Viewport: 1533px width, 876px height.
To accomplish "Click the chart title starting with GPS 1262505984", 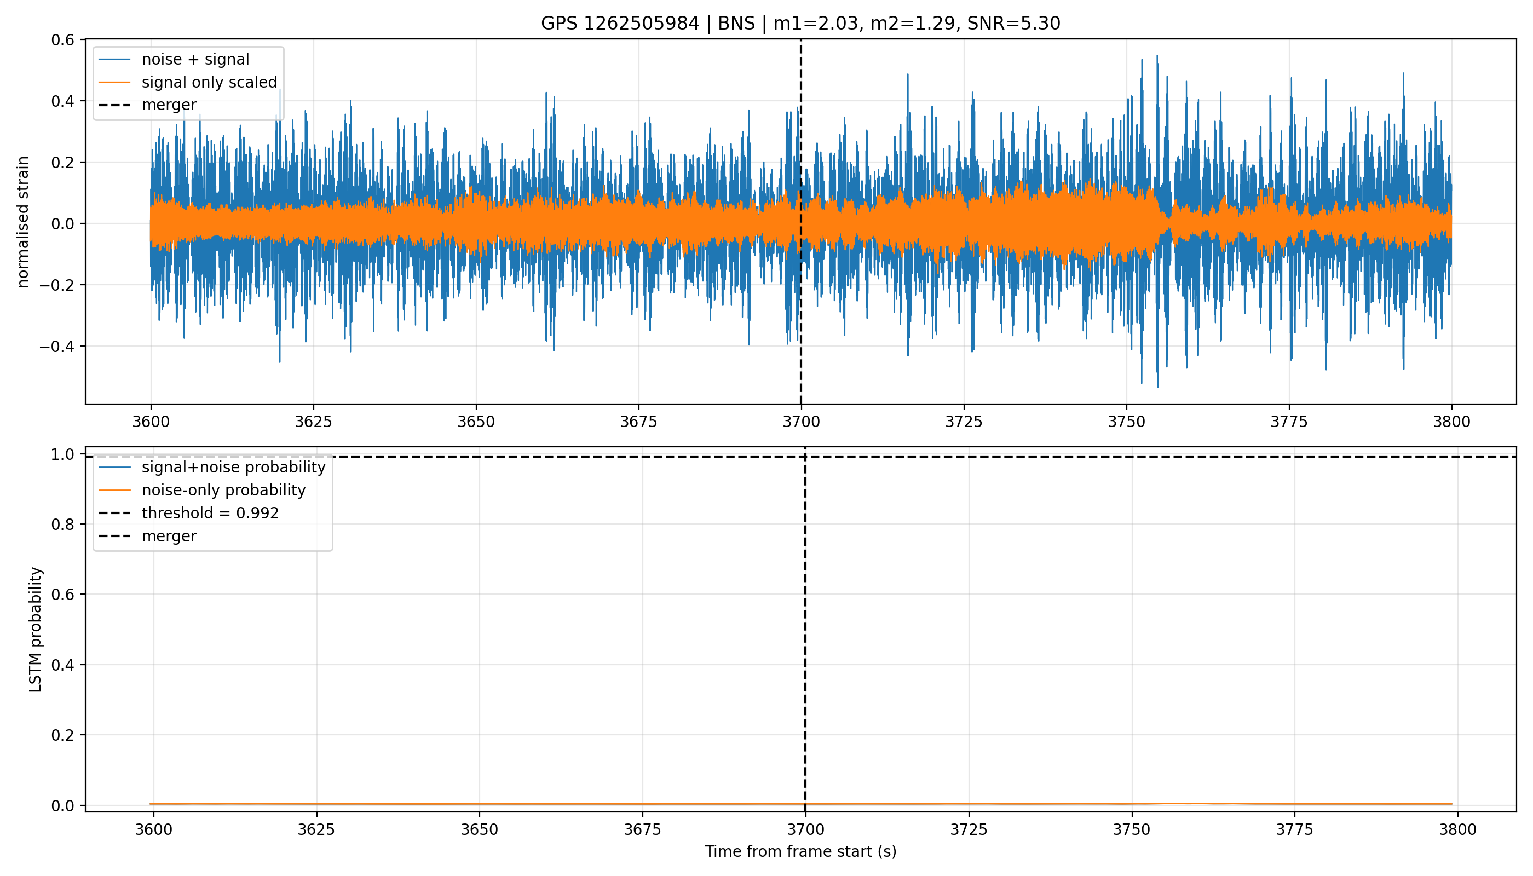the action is coord(800,24).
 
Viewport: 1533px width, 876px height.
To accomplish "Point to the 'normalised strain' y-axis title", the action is coord(23,222).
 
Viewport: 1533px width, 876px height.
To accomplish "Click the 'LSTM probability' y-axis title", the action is coord(36,629).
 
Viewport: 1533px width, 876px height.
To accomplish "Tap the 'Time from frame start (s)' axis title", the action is coord(801,851).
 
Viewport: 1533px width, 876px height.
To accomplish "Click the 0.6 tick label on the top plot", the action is coord(62,41).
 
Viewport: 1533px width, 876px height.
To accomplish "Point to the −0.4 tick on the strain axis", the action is coord(57,347).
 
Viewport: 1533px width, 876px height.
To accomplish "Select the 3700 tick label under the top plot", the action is coord(801,422).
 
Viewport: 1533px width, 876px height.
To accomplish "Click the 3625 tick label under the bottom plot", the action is coord(316,829).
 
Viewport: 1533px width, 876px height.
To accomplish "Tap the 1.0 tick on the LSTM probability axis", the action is coord(62,455).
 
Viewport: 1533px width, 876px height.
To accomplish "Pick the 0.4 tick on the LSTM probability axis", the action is coord(62,665).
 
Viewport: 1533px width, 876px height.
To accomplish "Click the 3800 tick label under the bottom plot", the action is coord(1458,829).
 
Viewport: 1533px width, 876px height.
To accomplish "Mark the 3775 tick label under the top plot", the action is coord(1289,422).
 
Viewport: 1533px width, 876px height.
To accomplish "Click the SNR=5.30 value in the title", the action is coord(1014,24).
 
